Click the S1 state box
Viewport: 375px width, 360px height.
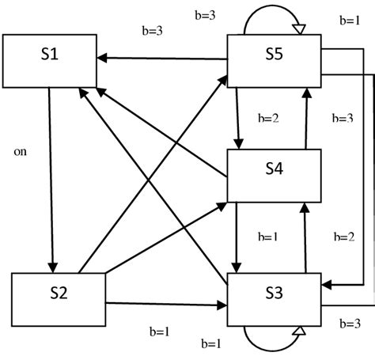pos(50,60)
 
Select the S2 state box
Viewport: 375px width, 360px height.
pos(59,298)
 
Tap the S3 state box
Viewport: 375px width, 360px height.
pos(274,298)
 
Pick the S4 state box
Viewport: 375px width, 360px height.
pos(274,174)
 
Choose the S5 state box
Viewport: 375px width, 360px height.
pos(274,60)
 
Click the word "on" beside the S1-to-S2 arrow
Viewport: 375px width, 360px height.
pos(21,150)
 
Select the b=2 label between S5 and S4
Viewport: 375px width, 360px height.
pos(270,118)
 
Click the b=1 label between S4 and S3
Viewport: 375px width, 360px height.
pos(269,237)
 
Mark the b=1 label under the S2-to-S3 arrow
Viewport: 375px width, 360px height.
pos(161,331)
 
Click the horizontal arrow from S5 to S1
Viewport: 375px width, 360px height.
pos(162,58)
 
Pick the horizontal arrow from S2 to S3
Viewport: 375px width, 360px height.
pos(166,303)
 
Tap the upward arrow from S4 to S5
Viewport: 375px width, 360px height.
pos(305,118)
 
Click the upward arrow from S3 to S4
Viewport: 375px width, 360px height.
pos(305,237)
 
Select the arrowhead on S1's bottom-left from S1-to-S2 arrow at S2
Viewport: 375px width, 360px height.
pos(52,265)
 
